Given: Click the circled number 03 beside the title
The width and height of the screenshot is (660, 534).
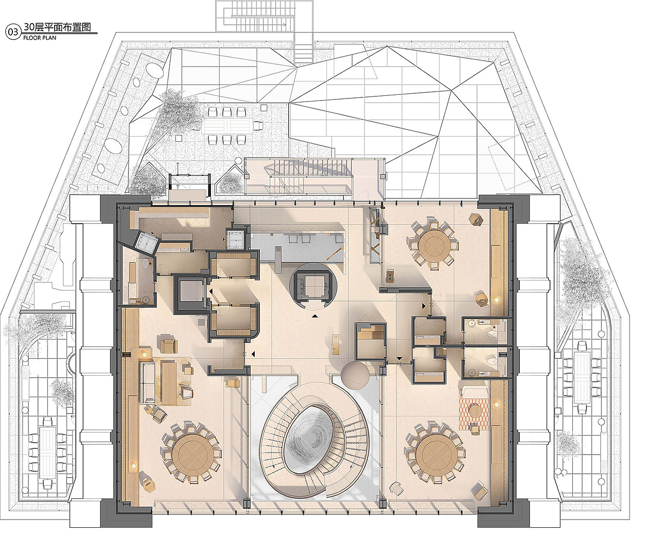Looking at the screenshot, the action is (x=13, y=32).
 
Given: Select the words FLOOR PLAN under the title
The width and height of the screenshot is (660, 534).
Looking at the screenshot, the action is (x=40, y=38).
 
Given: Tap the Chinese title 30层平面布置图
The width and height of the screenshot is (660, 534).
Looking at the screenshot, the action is (x=57, y=27).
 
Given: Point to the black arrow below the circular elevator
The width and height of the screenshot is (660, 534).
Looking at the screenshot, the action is (x=315, y=316).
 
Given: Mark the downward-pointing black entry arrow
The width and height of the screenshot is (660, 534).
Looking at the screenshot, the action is (x=400, y=358).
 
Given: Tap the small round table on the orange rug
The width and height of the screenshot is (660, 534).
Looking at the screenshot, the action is (x=475, y=411).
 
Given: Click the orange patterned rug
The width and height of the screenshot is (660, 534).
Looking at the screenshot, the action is (x=474, y=413).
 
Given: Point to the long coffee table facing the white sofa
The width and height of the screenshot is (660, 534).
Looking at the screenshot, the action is (x=169, y=382).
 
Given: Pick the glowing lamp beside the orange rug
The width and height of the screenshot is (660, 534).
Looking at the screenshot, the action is (x=497, y=404).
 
